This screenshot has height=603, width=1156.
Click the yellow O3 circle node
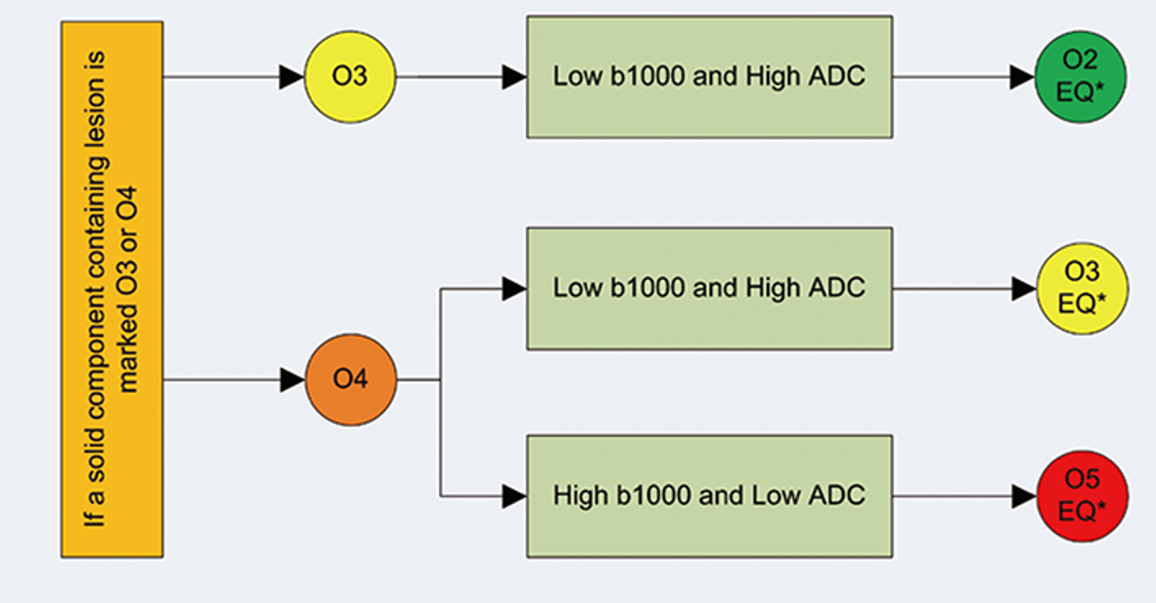(350, 77)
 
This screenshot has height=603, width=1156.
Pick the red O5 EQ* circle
(1081, 496)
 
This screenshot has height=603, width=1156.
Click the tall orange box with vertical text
(112, 289)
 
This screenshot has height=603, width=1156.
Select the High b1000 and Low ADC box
(709, 496)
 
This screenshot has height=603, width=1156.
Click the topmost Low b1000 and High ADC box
(709, 77)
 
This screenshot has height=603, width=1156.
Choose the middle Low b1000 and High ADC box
(709, 288)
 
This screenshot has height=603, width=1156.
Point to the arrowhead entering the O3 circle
(292, 77)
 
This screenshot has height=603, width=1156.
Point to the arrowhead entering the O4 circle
(292, 379)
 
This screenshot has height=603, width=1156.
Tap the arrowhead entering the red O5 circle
(1022, 496)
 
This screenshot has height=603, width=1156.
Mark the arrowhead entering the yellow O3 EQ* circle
(1022, 289)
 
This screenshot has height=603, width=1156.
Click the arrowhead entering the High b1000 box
(514, 496)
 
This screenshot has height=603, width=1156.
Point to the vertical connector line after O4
(441, 431)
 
